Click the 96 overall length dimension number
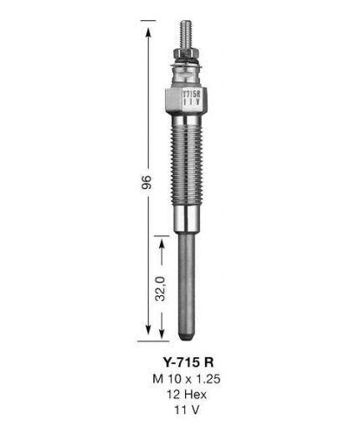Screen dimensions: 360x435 click(147, 182)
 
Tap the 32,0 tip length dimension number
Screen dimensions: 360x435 click(161, 289)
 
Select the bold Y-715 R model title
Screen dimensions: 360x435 click(188, 362)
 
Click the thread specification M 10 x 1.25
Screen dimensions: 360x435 click(187, 379)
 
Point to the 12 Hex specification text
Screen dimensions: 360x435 click(187, 394)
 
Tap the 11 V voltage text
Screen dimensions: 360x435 click(187, 410)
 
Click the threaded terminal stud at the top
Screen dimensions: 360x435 click(186, 34)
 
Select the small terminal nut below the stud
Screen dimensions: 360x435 click(186, 53)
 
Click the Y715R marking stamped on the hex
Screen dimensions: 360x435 click(192, 94)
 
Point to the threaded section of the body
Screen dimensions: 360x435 click(187, 166)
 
